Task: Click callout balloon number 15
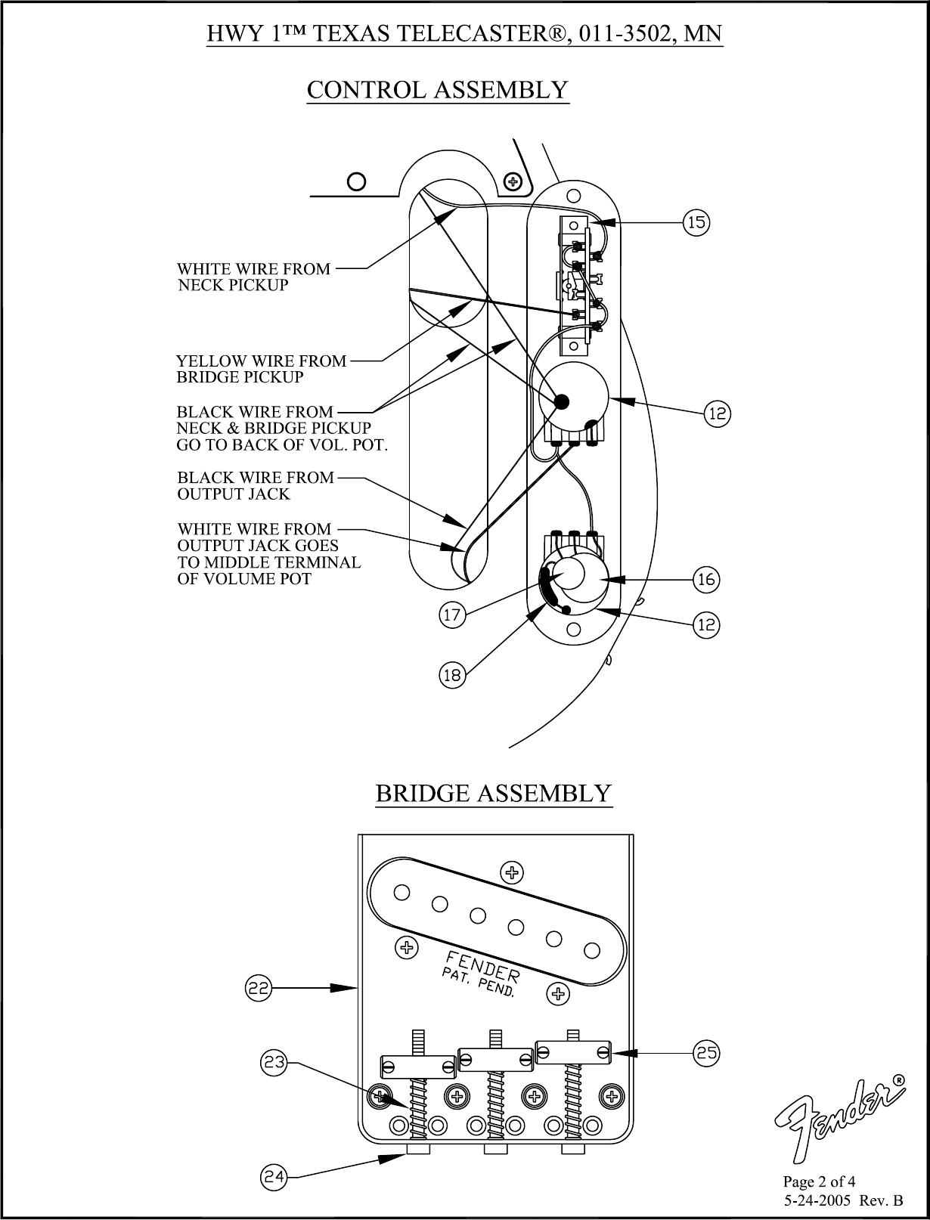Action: click(696, 222)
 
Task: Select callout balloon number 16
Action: click(706, 580)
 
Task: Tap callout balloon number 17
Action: click(452, 615)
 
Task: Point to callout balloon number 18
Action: click(452, 675)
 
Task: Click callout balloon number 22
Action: click(259, 987)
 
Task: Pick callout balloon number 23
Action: click(274, 1063)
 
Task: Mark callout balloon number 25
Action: click(707, 1052)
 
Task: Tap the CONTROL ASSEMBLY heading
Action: click(437, 90)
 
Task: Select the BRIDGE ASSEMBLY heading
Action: click(493, 794)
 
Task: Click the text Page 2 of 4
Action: click(819, 1181)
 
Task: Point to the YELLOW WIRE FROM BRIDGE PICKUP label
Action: click(261, 369)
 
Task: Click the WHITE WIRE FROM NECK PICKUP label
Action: click(253, 277)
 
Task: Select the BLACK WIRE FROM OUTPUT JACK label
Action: click(255, 485)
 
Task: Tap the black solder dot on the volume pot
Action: click(562, 403)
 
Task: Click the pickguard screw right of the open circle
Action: click(513, 181)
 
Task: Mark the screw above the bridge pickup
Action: click(512, 872)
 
